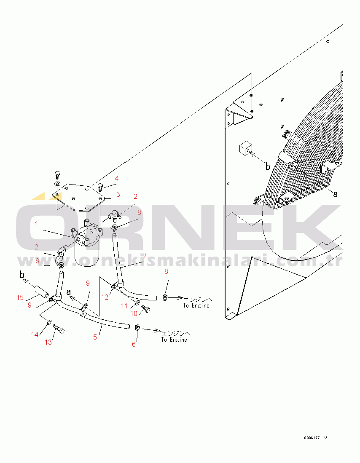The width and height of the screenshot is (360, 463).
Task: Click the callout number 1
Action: point(36,224)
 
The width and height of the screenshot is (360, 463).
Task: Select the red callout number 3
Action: point(118,194)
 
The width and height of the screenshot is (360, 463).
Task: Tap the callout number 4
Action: point(117,178)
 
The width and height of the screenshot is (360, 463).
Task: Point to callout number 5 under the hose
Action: point(95,337)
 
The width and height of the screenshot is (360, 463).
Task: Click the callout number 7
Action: point(145,255)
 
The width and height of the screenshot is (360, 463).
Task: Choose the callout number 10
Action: point(134,313)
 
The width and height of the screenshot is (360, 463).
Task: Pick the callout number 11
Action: point(124,306)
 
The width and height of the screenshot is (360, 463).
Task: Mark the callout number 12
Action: point(105,297)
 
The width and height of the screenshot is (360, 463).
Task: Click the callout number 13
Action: point(48,342)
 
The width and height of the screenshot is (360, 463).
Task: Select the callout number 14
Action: point(35,334)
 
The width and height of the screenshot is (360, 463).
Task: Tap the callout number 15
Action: point(20,297)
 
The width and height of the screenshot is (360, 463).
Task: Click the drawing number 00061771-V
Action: point(315,438)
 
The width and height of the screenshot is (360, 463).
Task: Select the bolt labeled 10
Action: point(146,308)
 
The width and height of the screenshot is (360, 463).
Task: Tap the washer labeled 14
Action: point(49,321)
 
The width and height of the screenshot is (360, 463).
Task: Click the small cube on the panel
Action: point(246,148)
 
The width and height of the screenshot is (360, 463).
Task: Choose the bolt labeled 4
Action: point(100,187)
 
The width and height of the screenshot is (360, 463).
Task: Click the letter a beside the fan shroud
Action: point(335,194)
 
